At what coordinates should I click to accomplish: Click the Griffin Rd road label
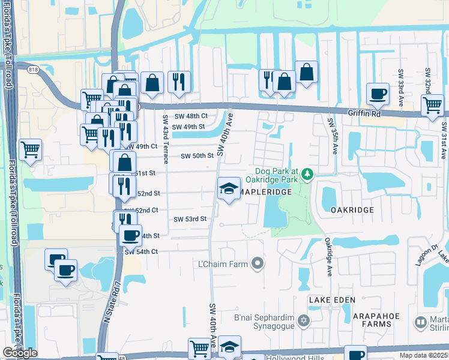(x=365, y=112)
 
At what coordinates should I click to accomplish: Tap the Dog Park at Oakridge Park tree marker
(x=308, y=174)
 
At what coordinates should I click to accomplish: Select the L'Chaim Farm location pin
(x=258, y=263)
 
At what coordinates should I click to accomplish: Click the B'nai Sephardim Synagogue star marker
(x=304, y=321)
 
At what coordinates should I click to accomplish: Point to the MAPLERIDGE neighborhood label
(x=268, y=191)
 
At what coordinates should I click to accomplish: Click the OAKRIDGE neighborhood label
(x=352, y=210)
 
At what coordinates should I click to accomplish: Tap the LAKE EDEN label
(x=333, y=299)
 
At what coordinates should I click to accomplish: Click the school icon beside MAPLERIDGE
(x=229, y=190)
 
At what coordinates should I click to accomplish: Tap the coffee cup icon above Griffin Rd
(x=378, y=94)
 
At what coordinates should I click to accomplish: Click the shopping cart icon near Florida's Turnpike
(x=30, y=150)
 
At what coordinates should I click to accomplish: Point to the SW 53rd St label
(x=190, y=219)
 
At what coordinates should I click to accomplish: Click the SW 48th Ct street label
(x=190, y=116)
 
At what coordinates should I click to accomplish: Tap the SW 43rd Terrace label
(x=165, y=137)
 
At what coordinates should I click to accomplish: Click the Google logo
(x=20, y=353)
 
